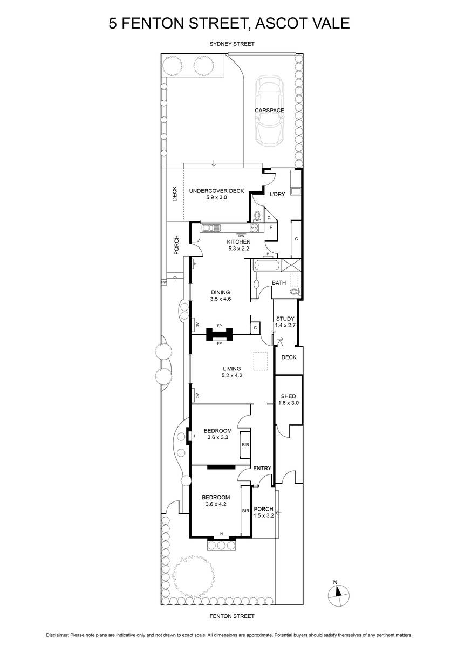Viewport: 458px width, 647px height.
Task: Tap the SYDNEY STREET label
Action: [x=232, y=44]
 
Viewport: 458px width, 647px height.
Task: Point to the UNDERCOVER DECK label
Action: [x=216, y=191]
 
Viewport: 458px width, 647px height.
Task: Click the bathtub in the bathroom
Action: [x=266, y=265]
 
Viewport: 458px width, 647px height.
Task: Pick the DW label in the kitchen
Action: [x=241, y=236]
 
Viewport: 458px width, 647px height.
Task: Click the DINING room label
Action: [x=220, y=292]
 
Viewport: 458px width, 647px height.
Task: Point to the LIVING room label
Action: [x=232, y=369]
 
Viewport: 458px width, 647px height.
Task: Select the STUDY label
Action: [x=285, y=319]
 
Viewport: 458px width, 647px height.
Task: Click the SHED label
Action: [x=289, y=396]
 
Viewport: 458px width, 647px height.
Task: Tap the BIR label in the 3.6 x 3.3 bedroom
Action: [x=245, y=445]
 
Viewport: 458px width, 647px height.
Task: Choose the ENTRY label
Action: [x=262, y=468]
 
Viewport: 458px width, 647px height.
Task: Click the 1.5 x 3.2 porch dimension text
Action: [x=264, y=515]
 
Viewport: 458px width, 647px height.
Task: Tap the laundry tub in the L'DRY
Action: [x=296, y=191]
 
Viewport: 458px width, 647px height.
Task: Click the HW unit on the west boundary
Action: [x=164, y=282]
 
